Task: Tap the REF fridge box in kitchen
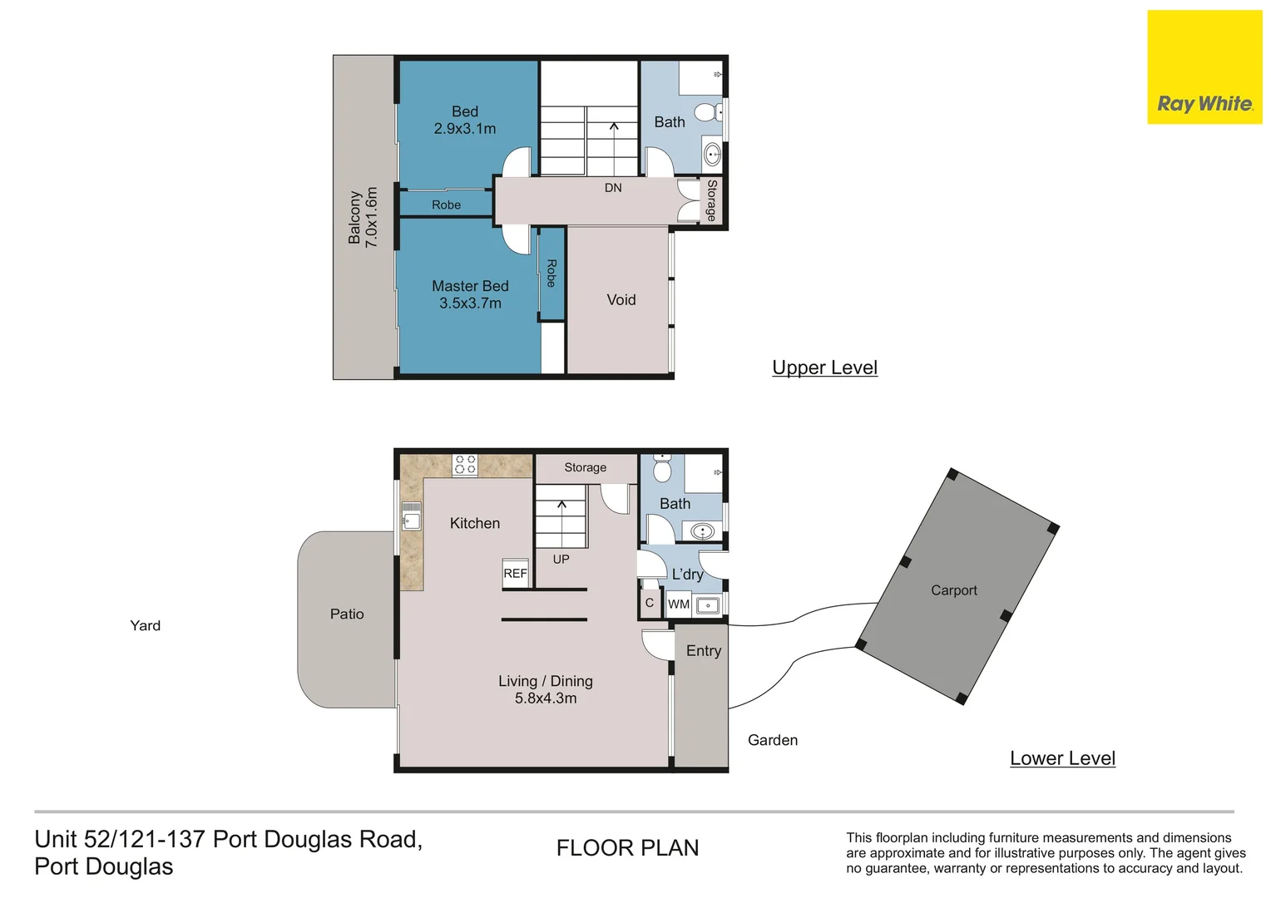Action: [x=515, y=573]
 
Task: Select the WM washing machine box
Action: [x=679, y=604]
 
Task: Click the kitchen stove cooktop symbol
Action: [x=465, y=465]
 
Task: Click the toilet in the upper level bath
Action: [x=708, y=112]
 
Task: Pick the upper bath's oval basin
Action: [x=712, y=154]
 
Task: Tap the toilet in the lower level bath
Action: [x=662, y=469]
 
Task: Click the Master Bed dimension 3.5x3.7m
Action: [x=470, y=303]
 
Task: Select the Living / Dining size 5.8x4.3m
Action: [x=546, y=698]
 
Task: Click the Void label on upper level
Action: [x=621, y=300]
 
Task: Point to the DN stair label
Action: [x=613, y=188]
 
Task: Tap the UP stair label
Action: [x=561, y=560]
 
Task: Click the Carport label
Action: [x=954, y=590]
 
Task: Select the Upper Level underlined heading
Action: [x=824, y=368]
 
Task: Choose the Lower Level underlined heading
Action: [x=1062, y=758]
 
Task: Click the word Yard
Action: [x=145, y=625]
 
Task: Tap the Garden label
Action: [x=773, y=740]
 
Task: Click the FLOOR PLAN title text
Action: [x=627, y=848]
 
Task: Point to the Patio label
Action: [x=347, y=614]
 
